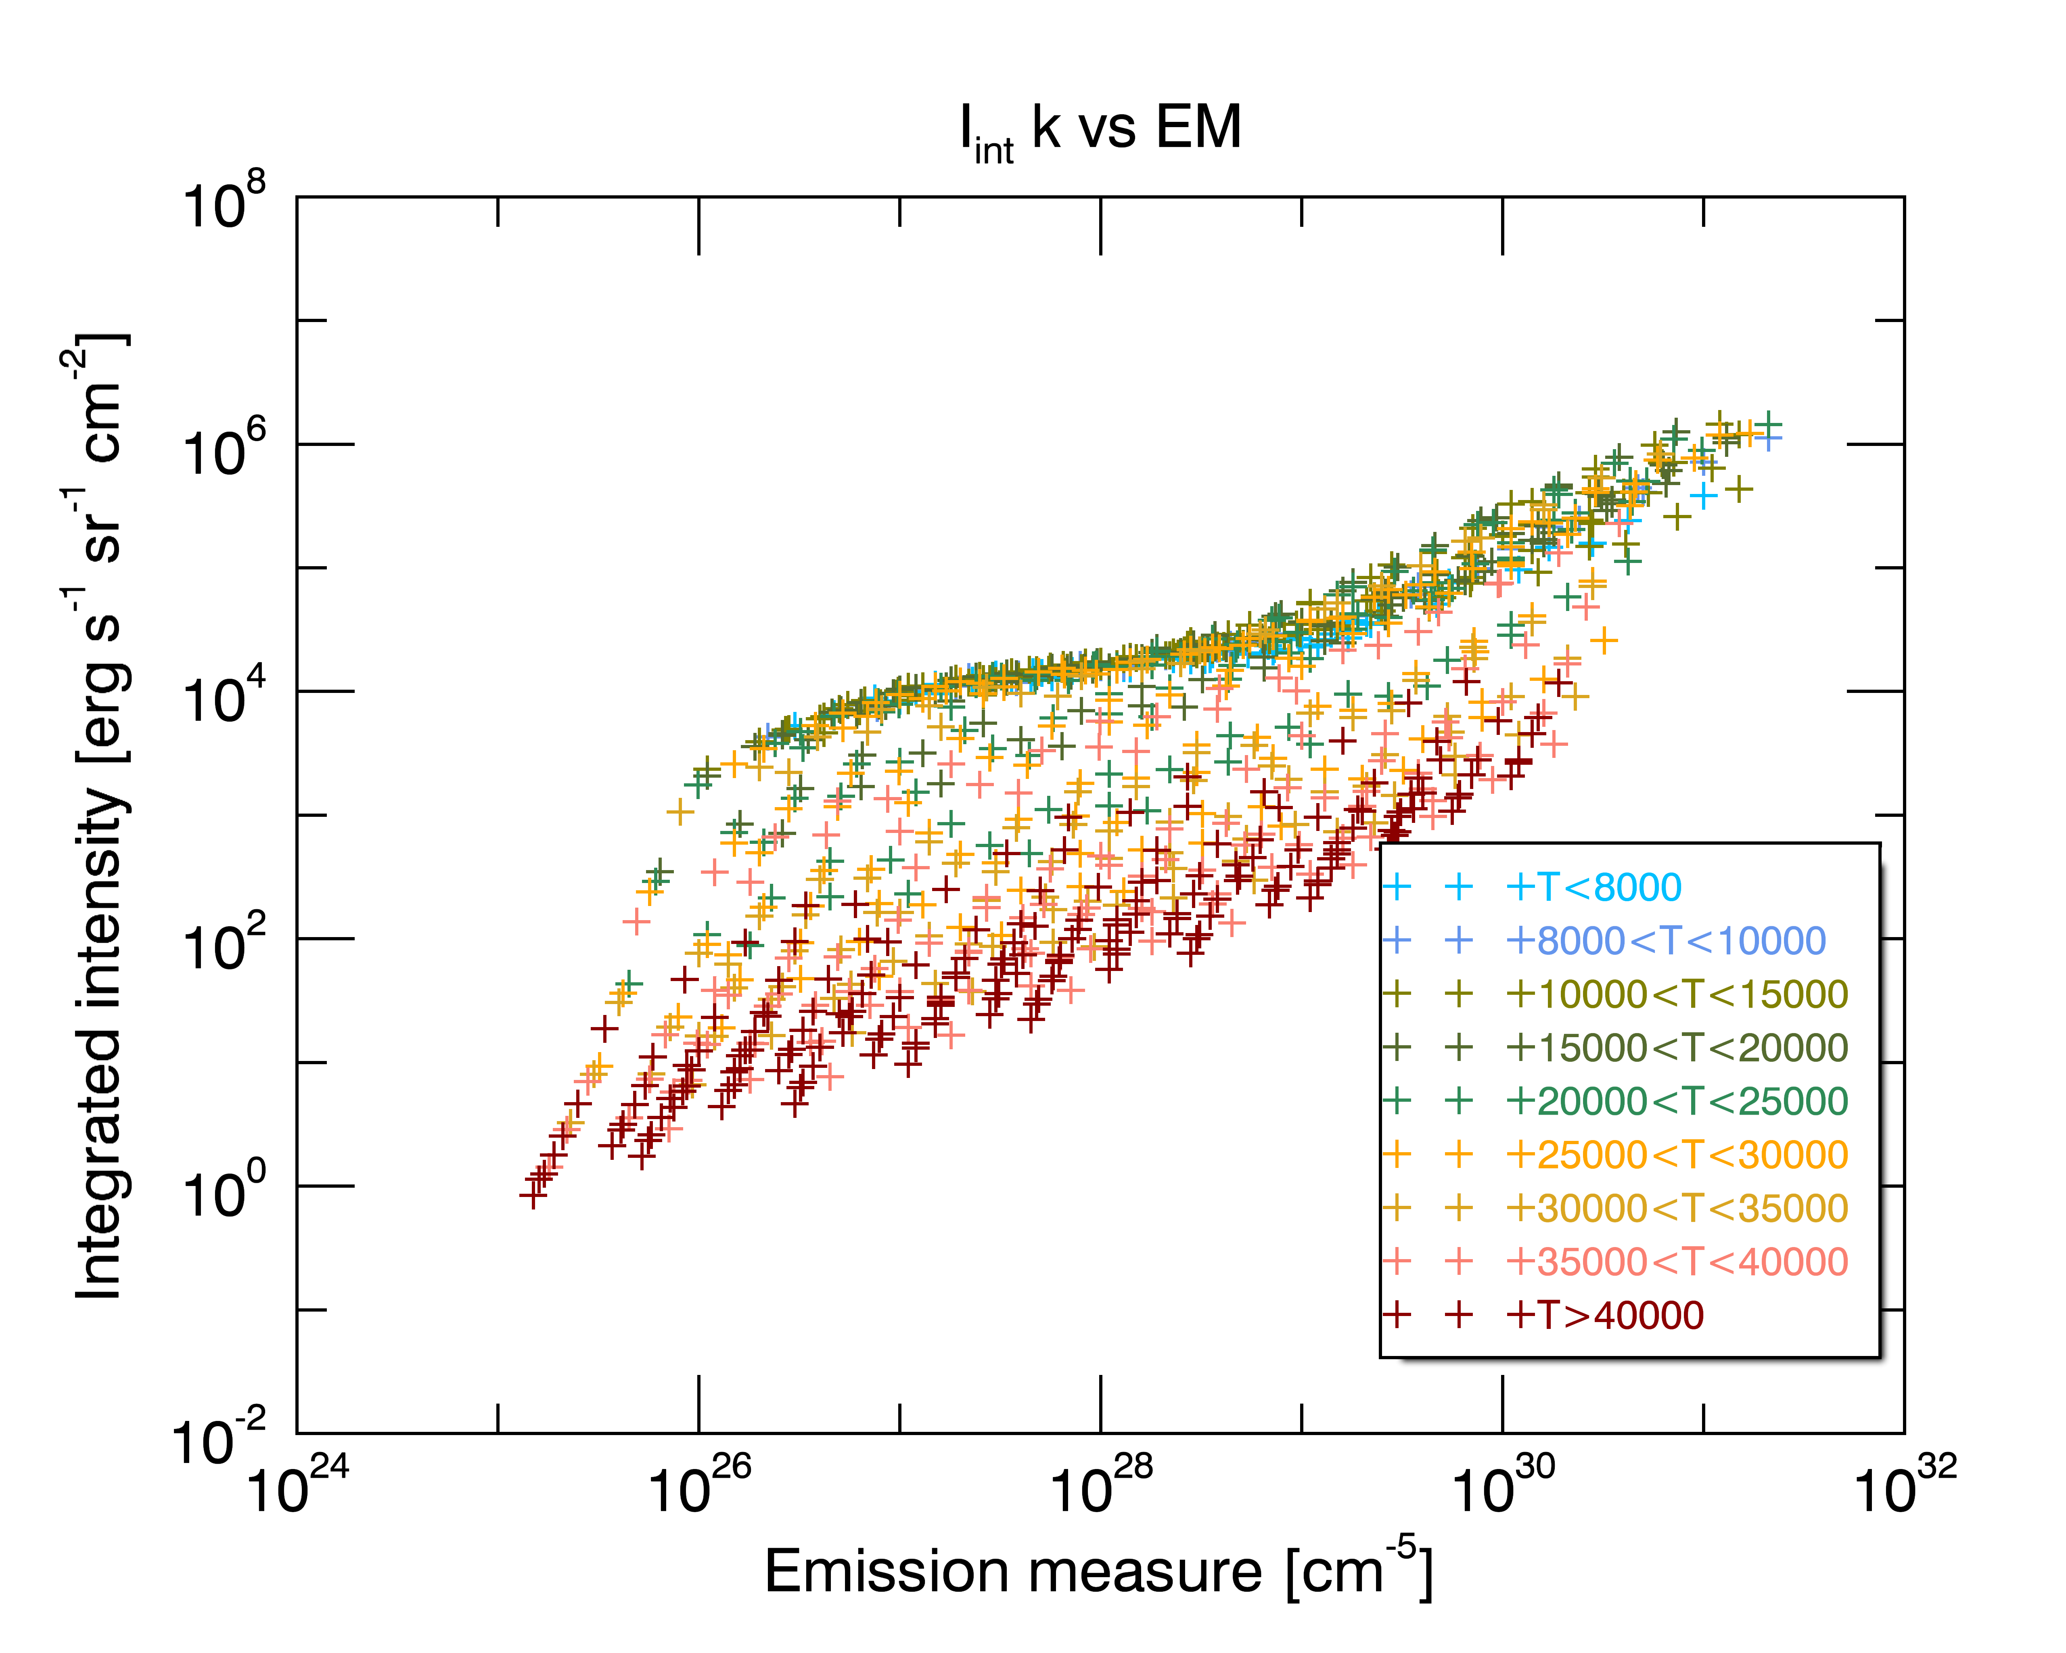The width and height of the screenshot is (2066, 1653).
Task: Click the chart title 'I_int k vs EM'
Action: [1100, 131]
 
